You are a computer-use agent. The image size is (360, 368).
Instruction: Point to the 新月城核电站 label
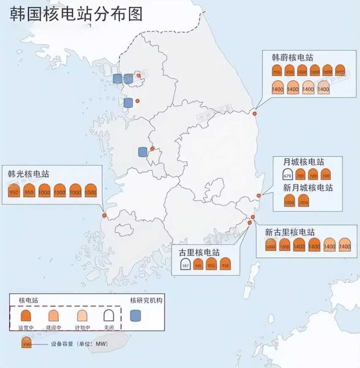[308, 187]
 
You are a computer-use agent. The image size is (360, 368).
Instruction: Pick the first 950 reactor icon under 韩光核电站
[14, 191]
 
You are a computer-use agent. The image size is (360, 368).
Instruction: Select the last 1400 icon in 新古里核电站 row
[345, 245]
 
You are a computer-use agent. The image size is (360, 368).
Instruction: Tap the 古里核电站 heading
[199, 253]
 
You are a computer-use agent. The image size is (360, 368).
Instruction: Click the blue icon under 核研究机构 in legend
[135, 316]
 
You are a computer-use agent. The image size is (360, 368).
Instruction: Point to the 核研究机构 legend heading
[146, 300]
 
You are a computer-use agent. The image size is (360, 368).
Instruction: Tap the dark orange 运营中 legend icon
[25, 315]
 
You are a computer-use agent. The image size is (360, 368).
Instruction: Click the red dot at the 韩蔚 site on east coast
[254, 113]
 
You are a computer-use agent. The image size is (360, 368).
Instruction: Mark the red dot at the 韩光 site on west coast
[104, 215]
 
